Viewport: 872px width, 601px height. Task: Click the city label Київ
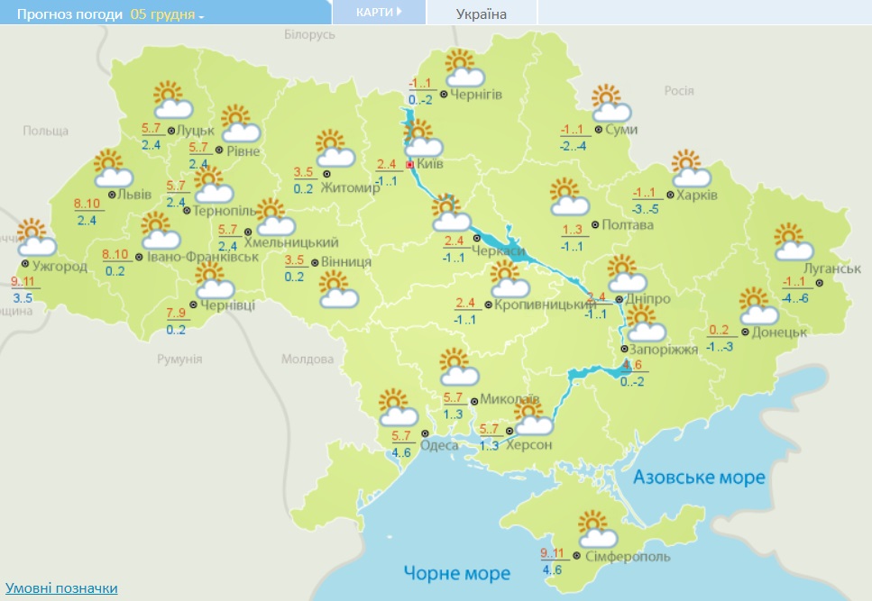[x=430, y=165]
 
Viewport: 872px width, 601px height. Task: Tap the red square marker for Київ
[x=410, y=165]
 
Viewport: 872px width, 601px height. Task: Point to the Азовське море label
[x=699, y=477]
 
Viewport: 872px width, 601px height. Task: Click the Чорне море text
[x=457, y=572]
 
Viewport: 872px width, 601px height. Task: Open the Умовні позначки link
[x=61, y=587]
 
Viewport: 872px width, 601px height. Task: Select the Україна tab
[x=481, y=14]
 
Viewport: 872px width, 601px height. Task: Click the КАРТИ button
[x=378, y=13]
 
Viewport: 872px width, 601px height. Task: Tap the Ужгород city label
[x=60, y=267]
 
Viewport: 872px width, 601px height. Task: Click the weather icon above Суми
[x=610, y=104]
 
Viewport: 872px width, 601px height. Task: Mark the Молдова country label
[x=307, y=359]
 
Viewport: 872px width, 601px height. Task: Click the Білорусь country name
[x=309, y=34]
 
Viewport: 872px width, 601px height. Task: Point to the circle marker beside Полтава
[x=593, y=223]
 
